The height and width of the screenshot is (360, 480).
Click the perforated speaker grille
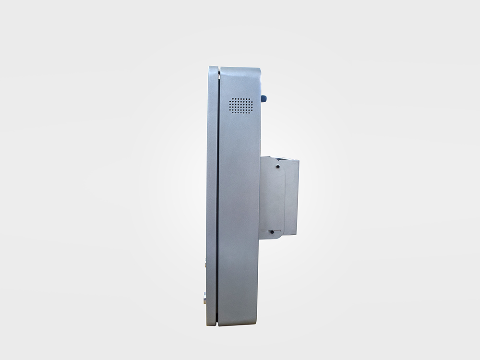(240, 106)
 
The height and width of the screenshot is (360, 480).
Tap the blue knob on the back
(264, 98)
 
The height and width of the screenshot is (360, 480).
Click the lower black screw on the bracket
(271, 231)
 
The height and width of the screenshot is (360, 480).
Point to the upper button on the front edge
(206, 262)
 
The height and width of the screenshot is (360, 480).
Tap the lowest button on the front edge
(205, 298)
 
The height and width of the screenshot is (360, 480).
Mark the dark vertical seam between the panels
(217, 192)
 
